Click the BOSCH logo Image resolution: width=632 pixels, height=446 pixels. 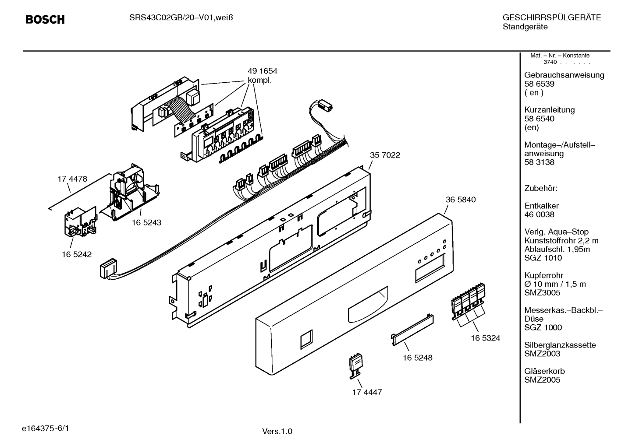(x=45, y=20)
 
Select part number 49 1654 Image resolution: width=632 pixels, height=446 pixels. (x=262, y=71)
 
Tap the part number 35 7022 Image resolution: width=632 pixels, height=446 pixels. (x=385, y=155)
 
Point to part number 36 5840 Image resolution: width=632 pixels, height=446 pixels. (x=460, y=200)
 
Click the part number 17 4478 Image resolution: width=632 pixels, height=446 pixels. (x=72, y=179)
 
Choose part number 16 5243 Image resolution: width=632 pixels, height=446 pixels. (x=146, y=222)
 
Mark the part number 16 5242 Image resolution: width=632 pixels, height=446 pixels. (x=76, y=254)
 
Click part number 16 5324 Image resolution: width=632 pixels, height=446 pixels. (x=485, y=338)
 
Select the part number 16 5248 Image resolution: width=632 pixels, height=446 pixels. (x=417, y=358)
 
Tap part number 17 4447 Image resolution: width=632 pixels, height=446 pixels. (x=367, y=392)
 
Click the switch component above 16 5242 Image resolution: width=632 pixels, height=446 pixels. (x=80, y=223)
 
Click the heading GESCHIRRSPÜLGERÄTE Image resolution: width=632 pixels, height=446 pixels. (x=551, y=18)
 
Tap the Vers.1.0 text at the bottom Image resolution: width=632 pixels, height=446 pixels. (x=277, y=432)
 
